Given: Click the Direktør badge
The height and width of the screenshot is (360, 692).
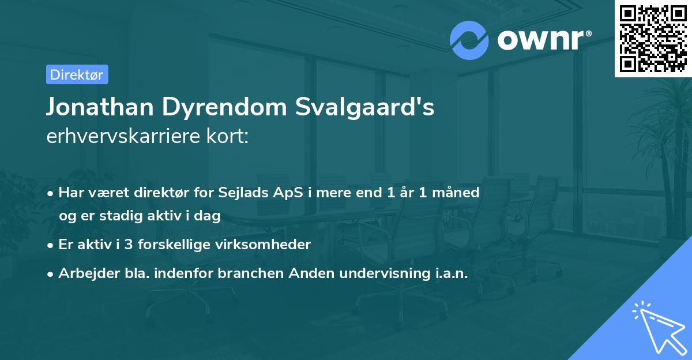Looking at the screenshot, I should point(77,74).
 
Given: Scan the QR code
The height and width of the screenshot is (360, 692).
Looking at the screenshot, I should point(653,38).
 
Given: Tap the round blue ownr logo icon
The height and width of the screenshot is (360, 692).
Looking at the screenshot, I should point(469,40).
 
